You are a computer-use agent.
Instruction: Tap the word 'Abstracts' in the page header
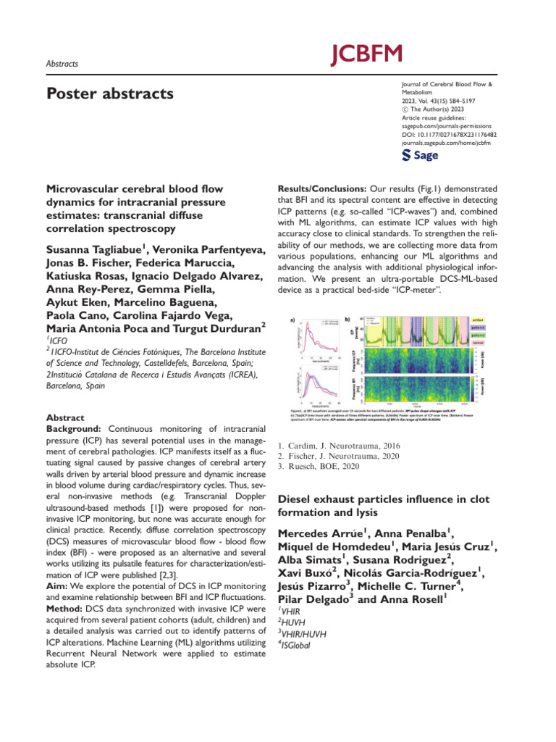point(62,64)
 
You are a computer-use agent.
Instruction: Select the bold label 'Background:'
point(70,431)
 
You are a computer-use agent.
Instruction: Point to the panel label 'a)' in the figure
point(292,319)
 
